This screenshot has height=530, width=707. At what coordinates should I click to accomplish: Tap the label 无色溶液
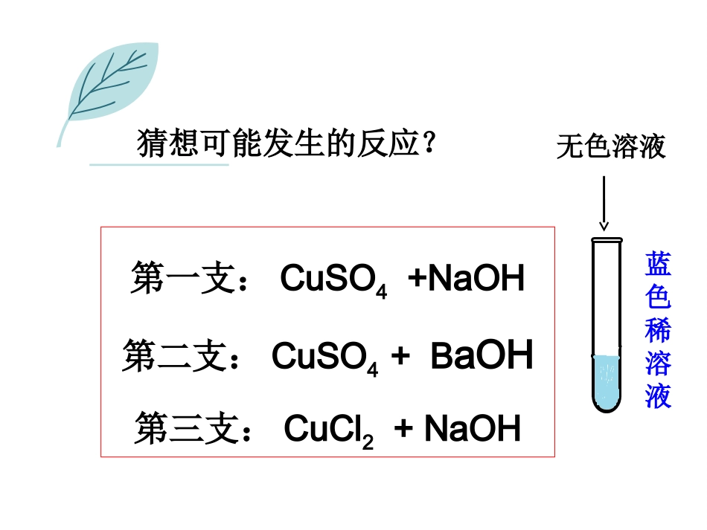click(610, 147)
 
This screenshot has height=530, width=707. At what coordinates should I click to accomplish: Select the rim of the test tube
click(605, 240)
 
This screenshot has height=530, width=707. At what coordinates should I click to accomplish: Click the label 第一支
click(182, 279)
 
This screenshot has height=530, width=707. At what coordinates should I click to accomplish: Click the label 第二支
click(175, 356)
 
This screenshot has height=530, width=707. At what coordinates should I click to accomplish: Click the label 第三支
click(186, 430)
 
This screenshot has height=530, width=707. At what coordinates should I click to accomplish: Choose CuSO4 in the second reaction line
click(324, 358)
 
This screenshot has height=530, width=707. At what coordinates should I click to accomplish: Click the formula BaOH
click(482, 356)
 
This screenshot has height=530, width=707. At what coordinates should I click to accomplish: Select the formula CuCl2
click(328, 430)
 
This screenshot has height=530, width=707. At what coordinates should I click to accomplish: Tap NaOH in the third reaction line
click(472, 430)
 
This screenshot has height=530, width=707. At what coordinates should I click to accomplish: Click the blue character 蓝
click(659, 265)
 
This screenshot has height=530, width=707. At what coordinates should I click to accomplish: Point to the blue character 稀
click(659, 330)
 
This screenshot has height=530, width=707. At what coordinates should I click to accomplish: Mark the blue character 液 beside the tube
click(659, 395)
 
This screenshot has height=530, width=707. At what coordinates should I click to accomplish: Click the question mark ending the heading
click(427, 141)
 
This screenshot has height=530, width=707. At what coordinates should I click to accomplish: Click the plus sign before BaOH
click(401, 358)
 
